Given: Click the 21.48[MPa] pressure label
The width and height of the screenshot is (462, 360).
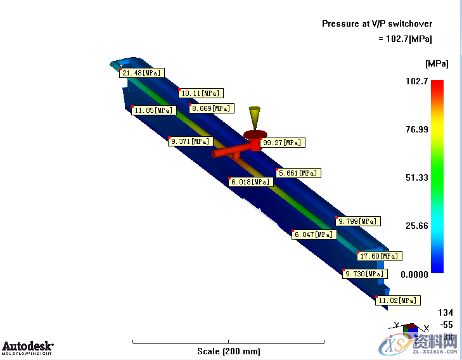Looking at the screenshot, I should coord(142,73).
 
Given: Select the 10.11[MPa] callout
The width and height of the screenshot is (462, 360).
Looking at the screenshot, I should coord(202,93).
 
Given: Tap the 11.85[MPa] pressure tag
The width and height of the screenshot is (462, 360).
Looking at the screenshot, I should coord(153,110).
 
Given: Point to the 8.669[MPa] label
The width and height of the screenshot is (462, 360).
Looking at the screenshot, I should coord(211,108).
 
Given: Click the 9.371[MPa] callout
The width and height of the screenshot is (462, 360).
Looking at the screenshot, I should coord(190,141).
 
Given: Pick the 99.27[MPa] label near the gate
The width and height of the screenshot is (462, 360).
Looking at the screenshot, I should coord(283,143).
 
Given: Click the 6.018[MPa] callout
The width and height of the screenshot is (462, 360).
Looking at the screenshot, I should coord(251,182).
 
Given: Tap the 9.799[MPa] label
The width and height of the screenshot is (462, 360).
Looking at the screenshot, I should coord(358,221).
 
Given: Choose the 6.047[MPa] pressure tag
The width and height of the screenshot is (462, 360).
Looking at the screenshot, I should coord(313,235).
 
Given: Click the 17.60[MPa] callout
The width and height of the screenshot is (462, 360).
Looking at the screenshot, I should coord(379,256).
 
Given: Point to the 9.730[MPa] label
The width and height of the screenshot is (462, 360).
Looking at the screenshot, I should coord(364,274).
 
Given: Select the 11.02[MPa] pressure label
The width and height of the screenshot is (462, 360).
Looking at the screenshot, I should coord(397,300).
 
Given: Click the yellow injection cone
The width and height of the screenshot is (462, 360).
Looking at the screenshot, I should coord(255,117).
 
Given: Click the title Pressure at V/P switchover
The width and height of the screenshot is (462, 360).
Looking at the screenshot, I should coord(377,23).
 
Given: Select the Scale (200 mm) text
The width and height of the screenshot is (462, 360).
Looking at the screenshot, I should coord(228,351).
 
